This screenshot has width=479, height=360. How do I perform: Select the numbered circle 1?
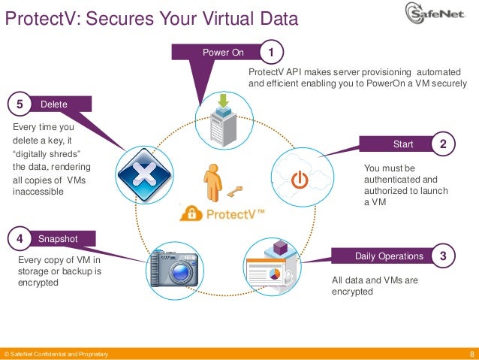pyautogui.click(x=271, y=52)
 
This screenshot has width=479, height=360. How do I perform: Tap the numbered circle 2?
pyautogui.click(x=444, y=143)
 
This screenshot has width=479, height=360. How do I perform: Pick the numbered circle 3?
pyautogui.click(x=444, y=256)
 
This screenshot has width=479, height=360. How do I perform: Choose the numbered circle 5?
pyautogui.click(x=20, y=104)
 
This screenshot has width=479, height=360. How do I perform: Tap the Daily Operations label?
pyautogui.click(x=389, y=256)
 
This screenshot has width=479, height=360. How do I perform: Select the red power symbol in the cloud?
pyautogui.click(x=299, y=180)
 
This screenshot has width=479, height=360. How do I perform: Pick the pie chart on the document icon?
pyautogui.click(x=274, y=276)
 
